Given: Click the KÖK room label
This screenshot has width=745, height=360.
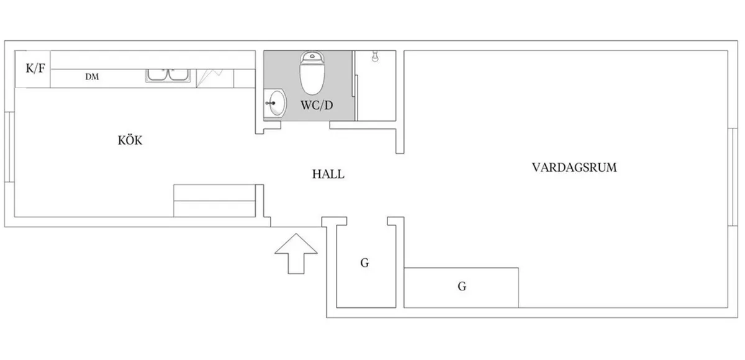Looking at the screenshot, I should (x=130, y=140).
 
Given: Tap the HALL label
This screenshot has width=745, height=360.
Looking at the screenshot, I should (x=328, y=174).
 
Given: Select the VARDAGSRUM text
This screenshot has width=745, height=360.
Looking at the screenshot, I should (x=574, y=167).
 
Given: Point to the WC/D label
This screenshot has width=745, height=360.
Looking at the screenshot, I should (x=317, y=106).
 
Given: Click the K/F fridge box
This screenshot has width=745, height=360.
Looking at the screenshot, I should (x=35, y=69).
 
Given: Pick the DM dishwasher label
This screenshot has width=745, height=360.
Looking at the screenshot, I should (x=93, y=77).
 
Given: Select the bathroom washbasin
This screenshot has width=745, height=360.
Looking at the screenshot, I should (x=276, y=102).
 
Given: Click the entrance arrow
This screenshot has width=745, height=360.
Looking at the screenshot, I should (x=296, y=251).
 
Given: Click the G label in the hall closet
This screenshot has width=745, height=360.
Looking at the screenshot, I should (x=364, y=263).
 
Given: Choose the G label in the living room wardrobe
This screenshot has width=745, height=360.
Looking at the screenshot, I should (x=461, y=287).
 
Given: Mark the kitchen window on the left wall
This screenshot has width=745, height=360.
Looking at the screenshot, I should (x=9, y=147).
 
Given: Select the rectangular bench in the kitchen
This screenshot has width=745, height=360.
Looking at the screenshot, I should (x=215, y=200).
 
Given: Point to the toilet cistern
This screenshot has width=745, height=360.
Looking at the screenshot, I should (x=312, y=57).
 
